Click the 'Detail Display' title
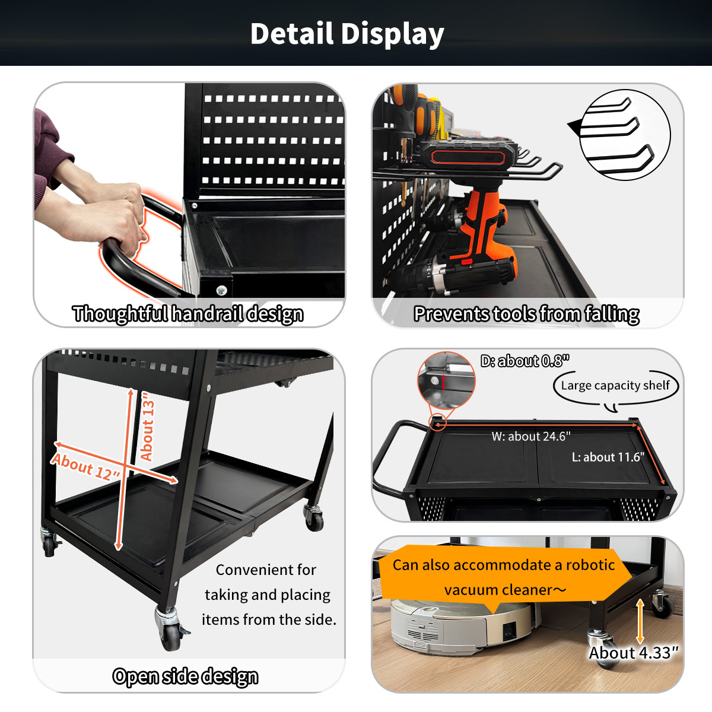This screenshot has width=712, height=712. (x=347, y=34)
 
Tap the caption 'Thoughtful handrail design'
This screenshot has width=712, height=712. (x=187, y=314)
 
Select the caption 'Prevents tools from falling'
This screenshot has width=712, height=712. (x=526, y=314)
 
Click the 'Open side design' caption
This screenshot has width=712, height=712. (x=185, y=676)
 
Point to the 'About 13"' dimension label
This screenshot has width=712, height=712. (x=147, y=427)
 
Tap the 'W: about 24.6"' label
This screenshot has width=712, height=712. (x=531, y=436)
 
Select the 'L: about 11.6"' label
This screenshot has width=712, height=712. (x=608, y=457)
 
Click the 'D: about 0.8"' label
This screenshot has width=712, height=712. (x=525, y=361)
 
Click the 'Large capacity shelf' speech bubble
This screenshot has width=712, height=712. (x=615, y=386)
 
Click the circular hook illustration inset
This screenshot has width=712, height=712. (x=625, y=135)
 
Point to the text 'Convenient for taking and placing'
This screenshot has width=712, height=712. (x=267, y=582)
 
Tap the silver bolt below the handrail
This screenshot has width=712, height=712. (x=221, y=290)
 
